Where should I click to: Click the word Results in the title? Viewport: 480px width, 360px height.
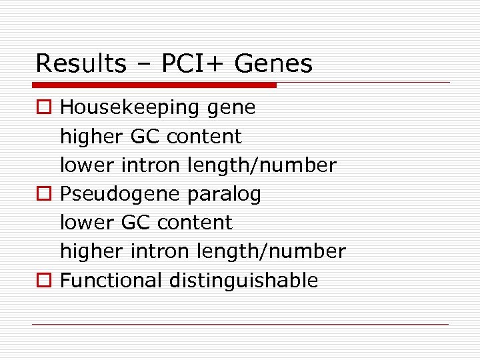point(80,64)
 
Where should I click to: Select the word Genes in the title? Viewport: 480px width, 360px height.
point(274,64)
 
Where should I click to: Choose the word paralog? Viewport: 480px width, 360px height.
point(224,194)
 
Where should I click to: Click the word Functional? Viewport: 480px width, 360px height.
point(111,280)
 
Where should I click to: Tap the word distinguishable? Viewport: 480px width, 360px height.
point(243,280)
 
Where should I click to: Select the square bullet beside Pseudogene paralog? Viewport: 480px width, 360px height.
point(43,194)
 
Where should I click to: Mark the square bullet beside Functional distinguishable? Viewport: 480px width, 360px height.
point(43,280)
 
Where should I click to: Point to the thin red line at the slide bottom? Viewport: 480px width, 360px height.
point(240,325)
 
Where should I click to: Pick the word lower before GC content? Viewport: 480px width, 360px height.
point(86,222)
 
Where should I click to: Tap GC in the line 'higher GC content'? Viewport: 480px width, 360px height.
point(145,136)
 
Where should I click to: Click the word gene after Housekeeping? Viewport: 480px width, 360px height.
point(231,107)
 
